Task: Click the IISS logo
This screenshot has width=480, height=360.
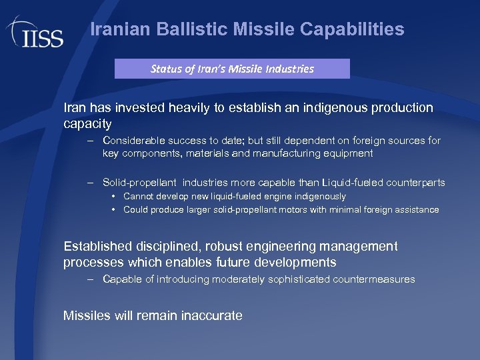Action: pos(35,33)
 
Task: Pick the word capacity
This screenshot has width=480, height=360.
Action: pos(87,124)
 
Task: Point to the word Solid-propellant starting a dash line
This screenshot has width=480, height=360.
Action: pos(139,182)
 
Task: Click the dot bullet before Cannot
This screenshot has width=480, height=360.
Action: pos(115,197)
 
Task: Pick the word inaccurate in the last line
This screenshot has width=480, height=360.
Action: pos(212,315)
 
